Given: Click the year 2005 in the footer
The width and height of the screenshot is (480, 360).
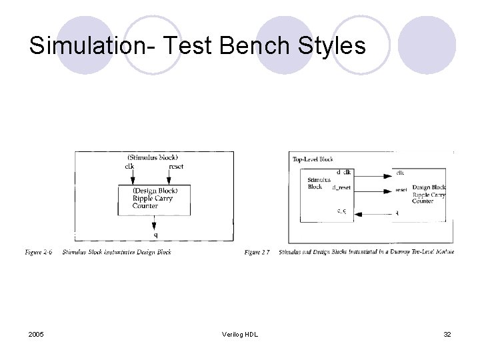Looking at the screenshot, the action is click(38, 334).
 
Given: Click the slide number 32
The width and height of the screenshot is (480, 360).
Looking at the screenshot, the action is click(447, 334).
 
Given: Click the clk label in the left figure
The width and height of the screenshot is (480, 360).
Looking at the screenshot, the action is click(129, 166).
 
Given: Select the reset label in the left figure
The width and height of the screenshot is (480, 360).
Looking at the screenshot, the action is click(176, 166).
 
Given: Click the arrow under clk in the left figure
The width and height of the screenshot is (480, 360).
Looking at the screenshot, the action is click(133, 177).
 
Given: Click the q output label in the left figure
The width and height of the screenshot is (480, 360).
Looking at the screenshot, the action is click(155, 235).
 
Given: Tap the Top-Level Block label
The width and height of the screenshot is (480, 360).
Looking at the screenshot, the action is click(313, 159).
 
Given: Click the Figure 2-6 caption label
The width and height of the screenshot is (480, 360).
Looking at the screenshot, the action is click(39, 253).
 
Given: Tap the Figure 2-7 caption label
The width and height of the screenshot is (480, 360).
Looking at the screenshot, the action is click(257, 253).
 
